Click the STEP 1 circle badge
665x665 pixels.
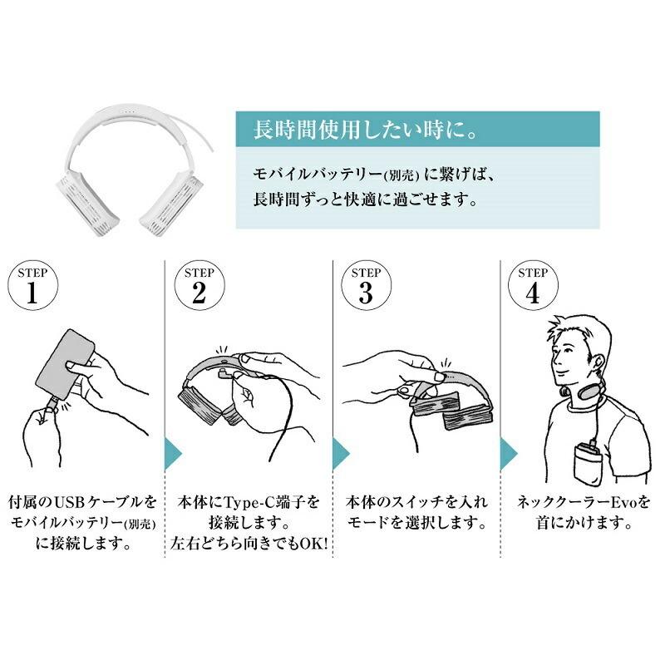point(32,285)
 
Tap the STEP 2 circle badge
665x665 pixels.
point(199,285)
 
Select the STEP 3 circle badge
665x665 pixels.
point(366,285)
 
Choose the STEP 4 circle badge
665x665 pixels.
point(533,285)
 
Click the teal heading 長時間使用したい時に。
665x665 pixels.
point(366,130)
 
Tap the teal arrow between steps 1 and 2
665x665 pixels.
point(173,454)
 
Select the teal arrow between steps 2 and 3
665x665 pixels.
point(341,454)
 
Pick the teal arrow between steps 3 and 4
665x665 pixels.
point(509,454)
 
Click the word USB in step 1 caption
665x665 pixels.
point(71,503)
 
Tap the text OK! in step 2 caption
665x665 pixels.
point(314,544)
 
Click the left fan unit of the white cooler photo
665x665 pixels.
point(88,196)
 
